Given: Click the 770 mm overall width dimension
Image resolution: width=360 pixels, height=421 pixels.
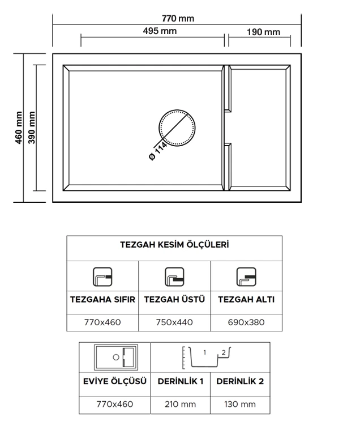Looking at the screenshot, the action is coord(178,19).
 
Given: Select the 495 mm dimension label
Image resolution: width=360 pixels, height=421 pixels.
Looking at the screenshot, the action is coord(160,31).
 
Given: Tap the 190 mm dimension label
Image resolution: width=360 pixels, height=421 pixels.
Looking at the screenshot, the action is coord(263,32).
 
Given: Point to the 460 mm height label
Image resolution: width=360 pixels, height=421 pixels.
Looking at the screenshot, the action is coord(19,128).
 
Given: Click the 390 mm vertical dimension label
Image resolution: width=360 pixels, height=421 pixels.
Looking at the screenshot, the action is coord(32,128).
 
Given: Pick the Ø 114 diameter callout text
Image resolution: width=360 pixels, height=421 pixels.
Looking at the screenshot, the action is coord(157,151).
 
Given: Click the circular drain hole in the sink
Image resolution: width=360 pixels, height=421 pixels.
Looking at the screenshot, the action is coord(177,128).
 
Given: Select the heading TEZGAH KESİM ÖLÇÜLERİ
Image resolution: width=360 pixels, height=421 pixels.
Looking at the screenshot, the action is coord(174,245).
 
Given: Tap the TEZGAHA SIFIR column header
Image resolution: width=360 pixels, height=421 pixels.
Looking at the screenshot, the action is coord(102,299).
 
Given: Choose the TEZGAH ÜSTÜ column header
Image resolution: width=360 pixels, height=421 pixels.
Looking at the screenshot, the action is coord(174,299).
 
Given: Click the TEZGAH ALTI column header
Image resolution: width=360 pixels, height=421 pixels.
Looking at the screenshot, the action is coord(246,299).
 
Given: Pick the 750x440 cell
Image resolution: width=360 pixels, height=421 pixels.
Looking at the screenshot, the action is coord(174,322).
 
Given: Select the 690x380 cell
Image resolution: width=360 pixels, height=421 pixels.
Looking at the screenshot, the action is coord(246,322).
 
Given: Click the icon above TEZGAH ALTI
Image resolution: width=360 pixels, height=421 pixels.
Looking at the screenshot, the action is coord(246,277).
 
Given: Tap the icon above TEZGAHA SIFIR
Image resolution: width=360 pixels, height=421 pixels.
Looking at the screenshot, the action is coord(102,277).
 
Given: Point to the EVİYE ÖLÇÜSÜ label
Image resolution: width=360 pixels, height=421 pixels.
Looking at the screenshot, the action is coord(115,381).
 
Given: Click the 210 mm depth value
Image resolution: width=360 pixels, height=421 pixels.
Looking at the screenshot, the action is coord(180,404).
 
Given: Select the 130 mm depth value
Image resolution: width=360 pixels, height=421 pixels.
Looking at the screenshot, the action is coord(240,404).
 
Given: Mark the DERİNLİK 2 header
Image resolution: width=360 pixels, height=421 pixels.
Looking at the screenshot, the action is coord(240,381).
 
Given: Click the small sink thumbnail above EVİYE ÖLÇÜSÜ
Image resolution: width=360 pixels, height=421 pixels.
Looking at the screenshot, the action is coord(116,358).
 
